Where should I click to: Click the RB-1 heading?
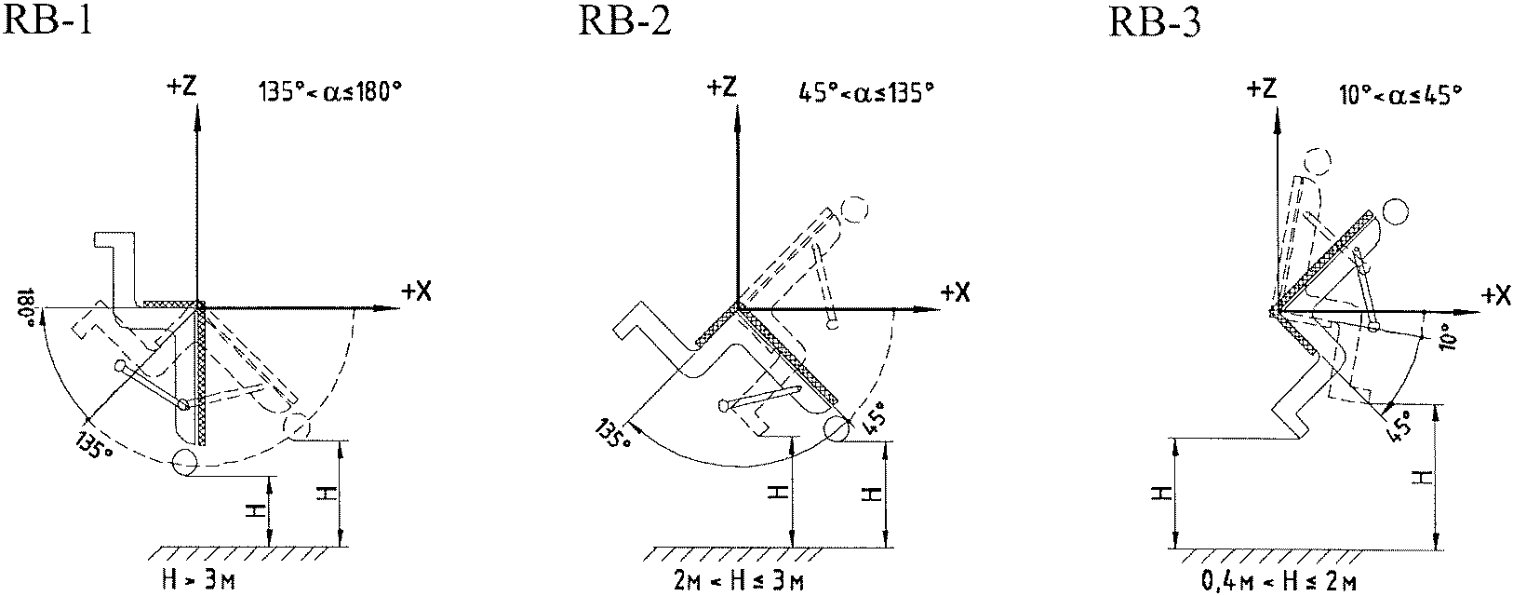47,22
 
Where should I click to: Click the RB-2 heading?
624,22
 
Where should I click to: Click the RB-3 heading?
1155,22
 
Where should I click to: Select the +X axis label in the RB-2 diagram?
955,291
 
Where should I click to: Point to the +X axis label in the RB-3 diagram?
1495,295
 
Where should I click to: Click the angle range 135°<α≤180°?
329,91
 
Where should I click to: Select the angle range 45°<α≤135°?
866,91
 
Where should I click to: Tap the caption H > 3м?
198,579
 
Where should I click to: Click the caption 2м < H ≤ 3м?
739,580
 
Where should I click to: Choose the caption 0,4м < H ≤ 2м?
1279,580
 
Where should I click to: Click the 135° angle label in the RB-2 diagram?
613,432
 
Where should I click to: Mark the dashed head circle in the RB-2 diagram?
855,210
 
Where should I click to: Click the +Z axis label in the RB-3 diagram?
1262,88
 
